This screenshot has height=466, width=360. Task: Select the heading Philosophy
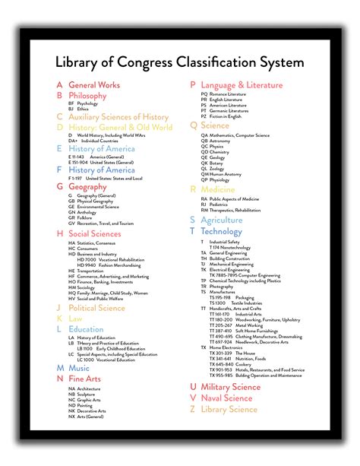[87, 96]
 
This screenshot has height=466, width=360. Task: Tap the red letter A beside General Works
[59, 85]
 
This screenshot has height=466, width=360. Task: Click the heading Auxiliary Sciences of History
[118, 117]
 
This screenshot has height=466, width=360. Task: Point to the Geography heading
[87, 186]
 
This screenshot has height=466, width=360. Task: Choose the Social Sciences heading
[94, 234]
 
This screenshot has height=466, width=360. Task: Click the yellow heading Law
[75, 319]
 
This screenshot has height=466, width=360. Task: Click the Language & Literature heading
[242, 85]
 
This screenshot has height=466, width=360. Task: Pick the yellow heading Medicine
[218, 189]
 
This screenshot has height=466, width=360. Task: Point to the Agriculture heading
[222, 220]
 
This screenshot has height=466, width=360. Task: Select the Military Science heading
[230, 387]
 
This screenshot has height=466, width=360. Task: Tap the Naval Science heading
[226, 398]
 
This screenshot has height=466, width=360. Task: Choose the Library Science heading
[229, 409]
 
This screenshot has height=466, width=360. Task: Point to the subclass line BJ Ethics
[78, 109]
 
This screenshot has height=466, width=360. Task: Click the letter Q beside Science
[193, 125]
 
